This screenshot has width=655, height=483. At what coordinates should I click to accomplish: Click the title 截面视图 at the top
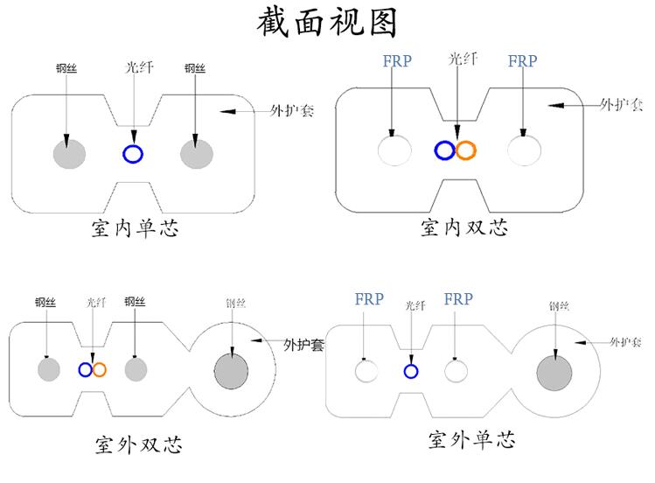coord(327,23)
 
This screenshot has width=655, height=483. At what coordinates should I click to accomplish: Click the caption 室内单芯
coord(136,229)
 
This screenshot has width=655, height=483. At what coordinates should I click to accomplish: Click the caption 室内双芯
coord(463,228)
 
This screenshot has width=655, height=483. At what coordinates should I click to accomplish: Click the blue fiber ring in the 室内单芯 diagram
coord(132,154)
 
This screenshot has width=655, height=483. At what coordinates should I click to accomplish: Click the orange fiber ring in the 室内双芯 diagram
coord(465,150)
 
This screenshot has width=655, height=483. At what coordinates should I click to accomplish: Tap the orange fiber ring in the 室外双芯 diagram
coord(99,369)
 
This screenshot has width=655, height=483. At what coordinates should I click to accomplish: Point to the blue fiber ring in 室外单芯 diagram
coord(410,371)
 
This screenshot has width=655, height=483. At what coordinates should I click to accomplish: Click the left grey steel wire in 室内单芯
coord(68,153)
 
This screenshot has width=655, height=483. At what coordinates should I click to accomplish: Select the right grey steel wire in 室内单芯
coord(197,153)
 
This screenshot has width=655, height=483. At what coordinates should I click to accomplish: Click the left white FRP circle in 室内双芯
coord(394,150)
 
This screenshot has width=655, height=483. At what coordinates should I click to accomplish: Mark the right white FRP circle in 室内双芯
coord(524,150)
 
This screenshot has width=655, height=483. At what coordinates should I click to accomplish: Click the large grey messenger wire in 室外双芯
coord(232,369)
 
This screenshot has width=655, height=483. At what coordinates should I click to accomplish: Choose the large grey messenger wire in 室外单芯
coord(554,372)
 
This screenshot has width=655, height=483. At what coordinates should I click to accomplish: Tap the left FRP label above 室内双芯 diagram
coord(397,61)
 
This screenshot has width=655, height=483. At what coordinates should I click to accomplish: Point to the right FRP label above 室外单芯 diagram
coord(458,299)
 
